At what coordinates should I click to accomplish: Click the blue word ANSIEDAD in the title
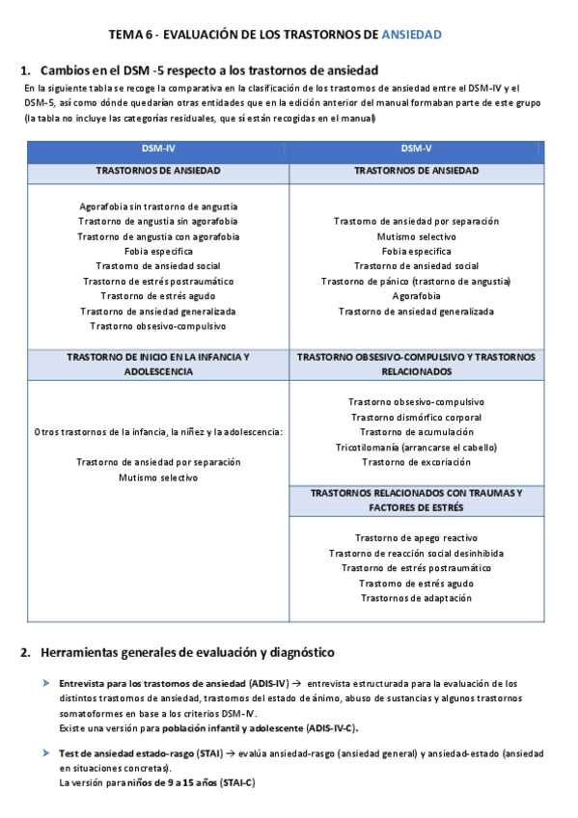(x=412, y=35)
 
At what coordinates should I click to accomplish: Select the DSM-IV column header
(x=158, y=148)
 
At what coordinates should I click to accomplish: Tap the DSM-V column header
(x=416, y=148)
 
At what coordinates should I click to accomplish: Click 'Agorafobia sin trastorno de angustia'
(x=158, y=205)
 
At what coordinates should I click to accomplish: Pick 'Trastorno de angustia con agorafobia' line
(x=158, y=235)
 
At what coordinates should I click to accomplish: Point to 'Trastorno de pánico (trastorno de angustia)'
(x=416, y=281)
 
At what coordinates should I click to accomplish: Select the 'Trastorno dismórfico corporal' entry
(x=416, y=417)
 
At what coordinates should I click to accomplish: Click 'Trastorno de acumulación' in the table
(x=416, y=432)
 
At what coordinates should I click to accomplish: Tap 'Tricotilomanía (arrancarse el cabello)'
(x=416, y=448)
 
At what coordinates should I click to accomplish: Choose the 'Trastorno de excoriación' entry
(x=416, y=462)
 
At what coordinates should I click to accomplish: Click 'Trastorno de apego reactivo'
(x=416, y=537)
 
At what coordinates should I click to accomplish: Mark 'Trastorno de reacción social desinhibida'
(x=416, y=553)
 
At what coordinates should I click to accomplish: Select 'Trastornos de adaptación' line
(x=416, y=598)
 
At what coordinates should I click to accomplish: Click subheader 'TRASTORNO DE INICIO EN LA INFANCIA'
(x=158, y=356)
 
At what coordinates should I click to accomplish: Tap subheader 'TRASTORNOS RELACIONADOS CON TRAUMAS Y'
(x=416, y=492)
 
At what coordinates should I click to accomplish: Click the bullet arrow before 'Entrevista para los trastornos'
(x=45, y=683)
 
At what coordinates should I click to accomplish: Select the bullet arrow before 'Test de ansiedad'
(x=45, y=751)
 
